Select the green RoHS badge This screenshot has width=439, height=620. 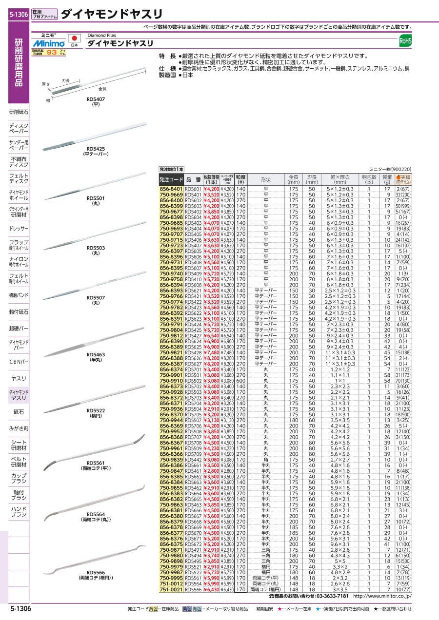click(x=405, y=41)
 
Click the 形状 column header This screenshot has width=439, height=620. click(x=265, y=179)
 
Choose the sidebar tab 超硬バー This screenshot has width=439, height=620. click(x=19, y=329)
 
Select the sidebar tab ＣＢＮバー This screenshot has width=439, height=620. click(x=19, y=362)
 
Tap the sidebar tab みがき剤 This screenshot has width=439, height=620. click(x=19, y=428)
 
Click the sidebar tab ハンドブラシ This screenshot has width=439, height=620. click(x=19, y=511)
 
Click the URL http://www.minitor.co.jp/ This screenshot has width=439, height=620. click(x=382, y=596)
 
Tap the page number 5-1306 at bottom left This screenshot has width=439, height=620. click(x=20, y=609)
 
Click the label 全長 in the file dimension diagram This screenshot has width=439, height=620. click(x=102, y=89)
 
